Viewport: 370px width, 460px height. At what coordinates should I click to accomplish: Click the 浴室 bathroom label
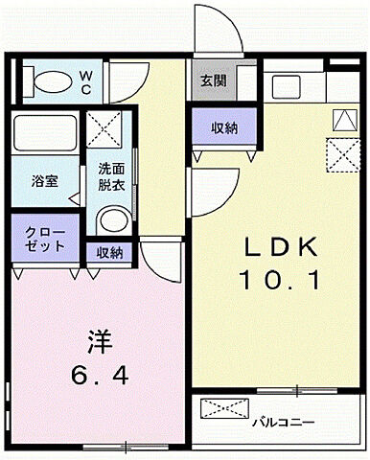[x=44, y=180]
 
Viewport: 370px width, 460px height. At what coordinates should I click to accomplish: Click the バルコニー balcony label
[x=285, y=421]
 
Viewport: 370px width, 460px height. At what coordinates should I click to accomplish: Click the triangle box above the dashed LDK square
[x=342, y=120]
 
